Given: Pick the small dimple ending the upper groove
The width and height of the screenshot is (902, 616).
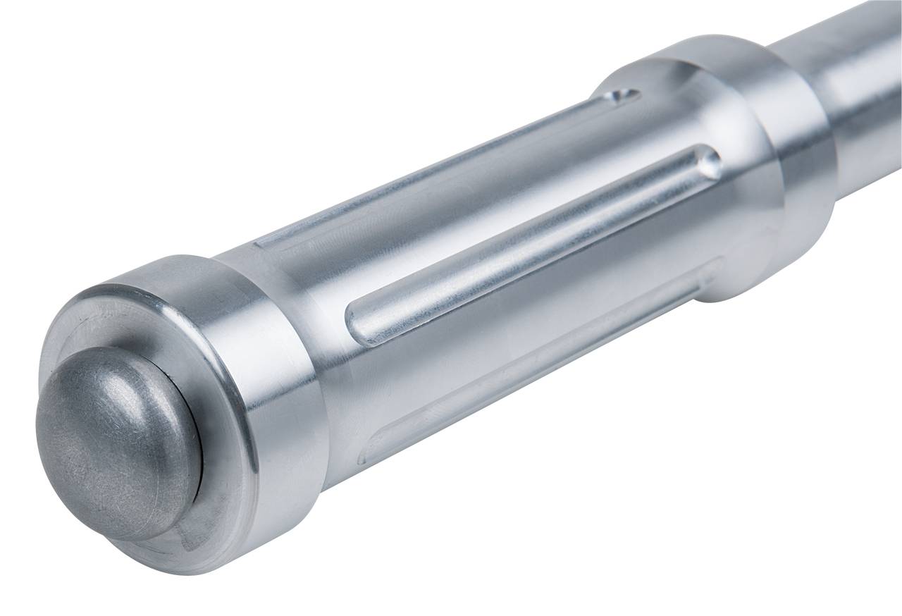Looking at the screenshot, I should [x=624, y=95].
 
